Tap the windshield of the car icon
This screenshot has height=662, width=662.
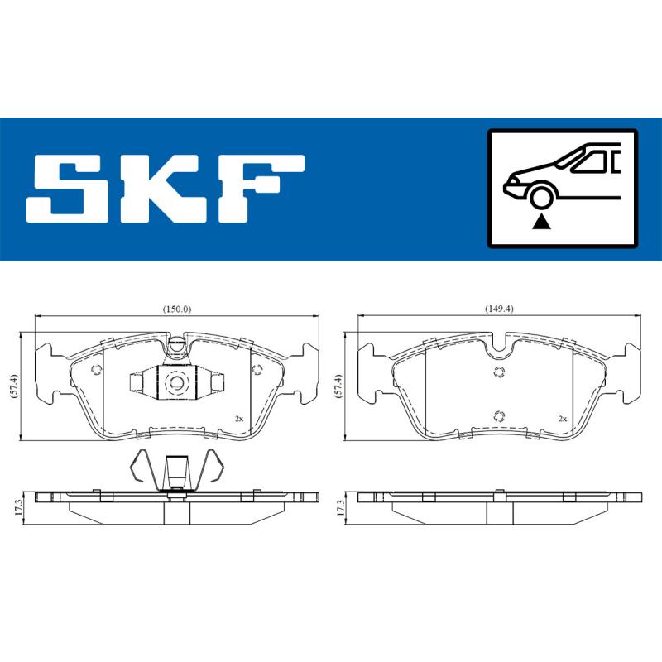[x=583, y=161]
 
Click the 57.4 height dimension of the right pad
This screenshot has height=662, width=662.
[x=338, y=386]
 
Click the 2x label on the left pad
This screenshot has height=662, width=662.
[x=238, y=419]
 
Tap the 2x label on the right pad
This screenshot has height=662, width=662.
[x=562, y=419]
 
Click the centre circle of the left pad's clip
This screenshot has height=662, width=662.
[x=175, y=381]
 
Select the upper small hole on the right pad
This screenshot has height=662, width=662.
[x=498, y=372]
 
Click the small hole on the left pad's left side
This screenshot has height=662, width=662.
[x=95, y=370]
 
